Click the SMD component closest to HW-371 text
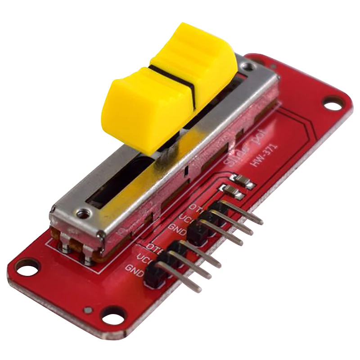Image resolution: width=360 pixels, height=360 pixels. point(247,181)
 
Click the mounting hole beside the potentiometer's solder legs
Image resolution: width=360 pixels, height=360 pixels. point(27,269)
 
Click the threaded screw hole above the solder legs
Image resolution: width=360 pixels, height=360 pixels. point(81,213)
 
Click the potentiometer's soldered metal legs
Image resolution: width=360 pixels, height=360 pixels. point(76,252)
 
